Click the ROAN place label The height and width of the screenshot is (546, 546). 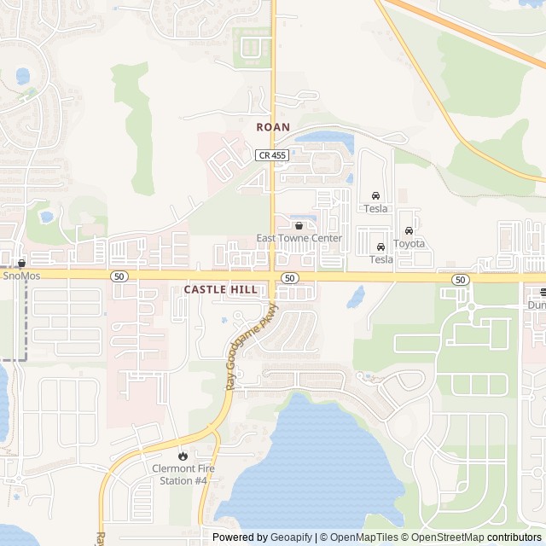(273, 127)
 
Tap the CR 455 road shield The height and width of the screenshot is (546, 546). (271, 154)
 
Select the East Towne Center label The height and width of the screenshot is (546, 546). (299, 238)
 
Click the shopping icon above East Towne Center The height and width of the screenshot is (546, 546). (299, 226)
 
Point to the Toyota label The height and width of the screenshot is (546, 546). (409, 243)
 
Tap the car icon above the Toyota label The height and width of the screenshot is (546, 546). (409, 230)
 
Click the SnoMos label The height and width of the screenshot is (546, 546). (21, 276)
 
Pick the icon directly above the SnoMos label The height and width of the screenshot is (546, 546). (21, 264)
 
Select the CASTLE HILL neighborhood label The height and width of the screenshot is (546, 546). (220, 290)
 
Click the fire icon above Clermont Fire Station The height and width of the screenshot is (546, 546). (181, 456)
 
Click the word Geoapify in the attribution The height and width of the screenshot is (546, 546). (291, 537)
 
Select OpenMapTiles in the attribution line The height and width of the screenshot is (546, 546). (364, 537)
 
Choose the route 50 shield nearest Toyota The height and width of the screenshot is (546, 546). (461, 280)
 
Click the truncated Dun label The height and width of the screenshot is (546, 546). (537, 305)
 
